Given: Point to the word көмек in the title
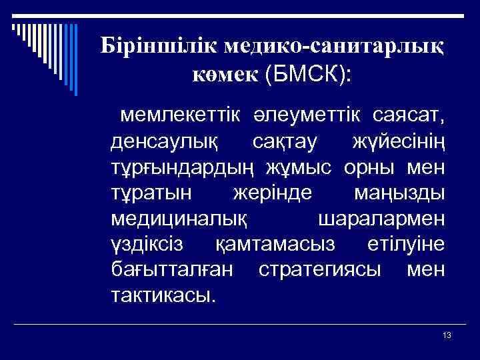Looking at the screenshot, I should (x=225, y=75).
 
